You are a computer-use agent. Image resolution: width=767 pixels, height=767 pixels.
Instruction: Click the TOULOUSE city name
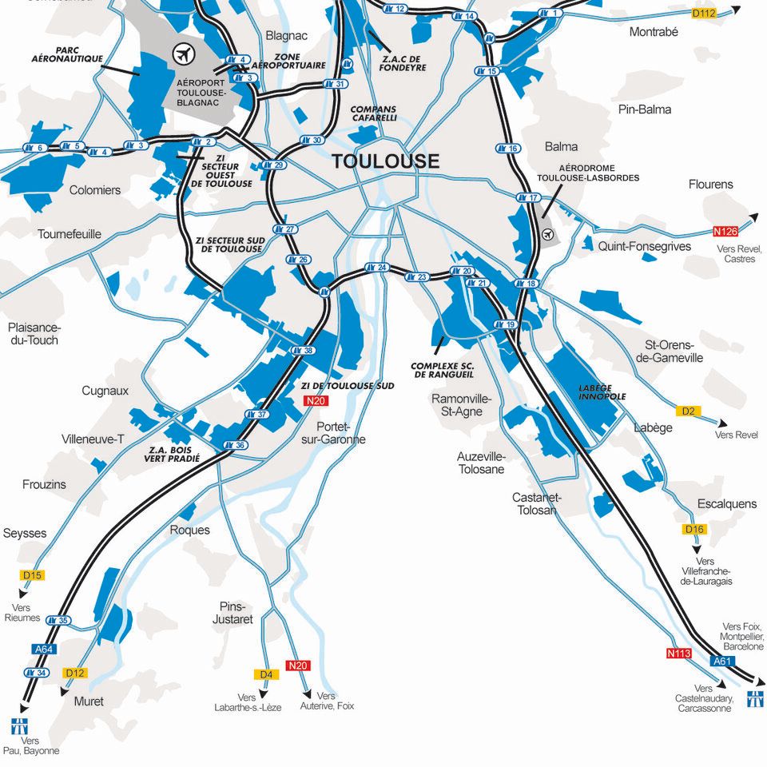point(385,161)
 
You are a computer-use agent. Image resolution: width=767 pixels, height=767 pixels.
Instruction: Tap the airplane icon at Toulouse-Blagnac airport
point(185,54)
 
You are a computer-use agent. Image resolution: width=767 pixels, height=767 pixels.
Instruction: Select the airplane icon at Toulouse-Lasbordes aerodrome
point(547,235)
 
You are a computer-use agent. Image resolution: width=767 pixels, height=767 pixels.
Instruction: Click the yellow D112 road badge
point(704,13)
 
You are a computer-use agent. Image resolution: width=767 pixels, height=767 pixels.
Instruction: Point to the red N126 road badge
point(725,232)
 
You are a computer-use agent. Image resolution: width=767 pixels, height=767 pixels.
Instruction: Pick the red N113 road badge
point(678,653)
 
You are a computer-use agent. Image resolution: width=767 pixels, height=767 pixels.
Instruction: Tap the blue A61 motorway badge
point(722,661)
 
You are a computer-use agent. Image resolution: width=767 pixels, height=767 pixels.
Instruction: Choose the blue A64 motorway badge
point(44,650)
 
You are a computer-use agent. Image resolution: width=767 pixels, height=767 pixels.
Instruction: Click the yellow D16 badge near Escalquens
point(695,529)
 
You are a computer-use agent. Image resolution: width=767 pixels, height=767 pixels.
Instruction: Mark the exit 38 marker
point(304,350)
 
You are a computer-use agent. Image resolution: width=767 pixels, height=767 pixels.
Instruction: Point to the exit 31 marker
point(336,84)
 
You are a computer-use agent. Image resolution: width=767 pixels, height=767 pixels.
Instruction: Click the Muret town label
point(89,701)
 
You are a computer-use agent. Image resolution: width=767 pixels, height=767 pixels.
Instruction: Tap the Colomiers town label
point(95,190)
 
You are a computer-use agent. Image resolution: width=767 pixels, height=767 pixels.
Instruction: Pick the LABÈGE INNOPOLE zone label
point(602,392)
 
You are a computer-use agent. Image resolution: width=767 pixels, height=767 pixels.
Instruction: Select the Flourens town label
point(710,184)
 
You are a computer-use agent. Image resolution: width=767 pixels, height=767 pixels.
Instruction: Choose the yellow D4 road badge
point(267,674)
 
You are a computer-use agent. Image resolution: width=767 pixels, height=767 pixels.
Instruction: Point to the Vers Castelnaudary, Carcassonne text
point(703,698)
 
